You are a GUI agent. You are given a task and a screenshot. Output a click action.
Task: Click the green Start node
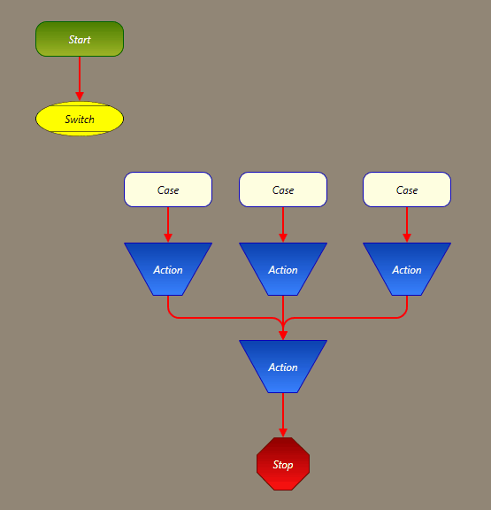80,39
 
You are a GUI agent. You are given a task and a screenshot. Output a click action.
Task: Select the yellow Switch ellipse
80,119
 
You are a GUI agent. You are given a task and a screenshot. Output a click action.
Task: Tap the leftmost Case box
168,189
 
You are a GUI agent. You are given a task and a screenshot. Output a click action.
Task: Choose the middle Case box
283,189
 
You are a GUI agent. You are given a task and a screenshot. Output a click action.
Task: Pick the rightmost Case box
407,189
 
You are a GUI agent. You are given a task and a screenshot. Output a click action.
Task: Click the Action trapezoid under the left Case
168,269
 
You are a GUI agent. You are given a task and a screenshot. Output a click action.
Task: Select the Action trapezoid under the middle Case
283,269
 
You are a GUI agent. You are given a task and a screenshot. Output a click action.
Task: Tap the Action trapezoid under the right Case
407,269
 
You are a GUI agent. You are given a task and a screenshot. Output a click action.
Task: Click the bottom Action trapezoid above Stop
283,367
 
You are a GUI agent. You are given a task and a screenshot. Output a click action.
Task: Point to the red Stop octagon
283,464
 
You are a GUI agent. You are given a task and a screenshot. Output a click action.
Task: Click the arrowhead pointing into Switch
80,97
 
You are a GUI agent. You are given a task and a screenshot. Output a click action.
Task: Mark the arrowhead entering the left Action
168,238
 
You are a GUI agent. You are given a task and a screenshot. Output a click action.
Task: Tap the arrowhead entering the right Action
407,238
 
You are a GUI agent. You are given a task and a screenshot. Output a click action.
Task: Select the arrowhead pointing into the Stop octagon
283,433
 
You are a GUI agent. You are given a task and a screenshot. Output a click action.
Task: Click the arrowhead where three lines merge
283,336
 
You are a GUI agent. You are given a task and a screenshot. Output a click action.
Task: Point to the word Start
80,40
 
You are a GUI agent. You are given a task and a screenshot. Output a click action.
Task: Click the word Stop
283,465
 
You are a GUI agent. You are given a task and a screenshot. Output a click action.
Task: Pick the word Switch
80,120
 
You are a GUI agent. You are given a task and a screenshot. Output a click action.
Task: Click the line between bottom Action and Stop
283,415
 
